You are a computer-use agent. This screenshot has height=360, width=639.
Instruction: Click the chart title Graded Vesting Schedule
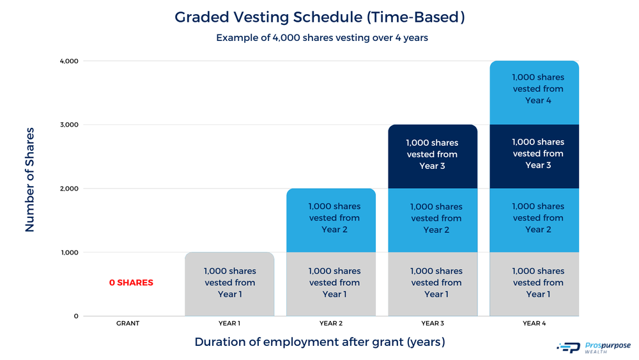coord(319,17)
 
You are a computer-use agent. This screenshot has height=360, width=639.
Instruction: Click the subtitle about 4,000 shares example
coord(321,38)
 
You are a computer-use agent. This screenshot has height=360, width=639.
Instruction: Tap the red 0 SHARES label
coord(131,283)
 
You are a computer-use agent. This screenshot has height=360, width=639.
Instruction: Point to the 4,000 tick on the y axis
coord(69,61)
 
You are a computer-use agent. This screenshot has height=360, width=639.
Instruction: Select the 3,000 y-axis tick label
coord(69,125)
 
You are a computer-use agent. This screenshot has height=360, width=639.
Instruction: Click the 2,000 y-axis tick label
coord(69,189)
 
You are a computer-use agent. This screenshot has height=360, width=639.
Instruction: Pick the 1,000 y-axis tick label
coord(69,253)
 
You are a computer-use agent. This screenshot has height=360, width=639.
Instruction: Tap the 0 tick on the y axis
coord(75,316)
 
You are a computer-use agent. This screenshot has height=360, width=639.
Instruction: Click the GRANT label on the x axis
coord(128,324)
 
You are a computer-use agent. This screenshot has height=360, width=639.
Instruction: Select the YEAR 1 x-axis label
coord(229,324)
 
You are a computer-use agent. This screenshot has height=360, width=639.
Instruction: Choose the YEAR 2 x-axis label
coord(331,324)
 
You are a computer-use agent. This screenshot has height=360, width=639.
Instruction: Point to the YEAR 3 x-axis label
coord(433,324)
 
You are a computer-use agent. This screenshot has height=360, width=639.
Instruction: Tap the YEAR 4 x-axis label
coord(534,324)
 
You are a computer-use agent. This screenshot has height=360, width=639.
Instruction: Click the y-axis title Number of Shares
coord(30,179)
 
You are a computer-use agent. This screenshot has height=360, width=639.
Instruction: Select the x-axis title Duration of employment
coord(319,342)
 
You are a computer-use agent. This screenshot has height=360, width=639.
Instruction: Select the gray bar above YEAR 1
coord(229,284)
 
